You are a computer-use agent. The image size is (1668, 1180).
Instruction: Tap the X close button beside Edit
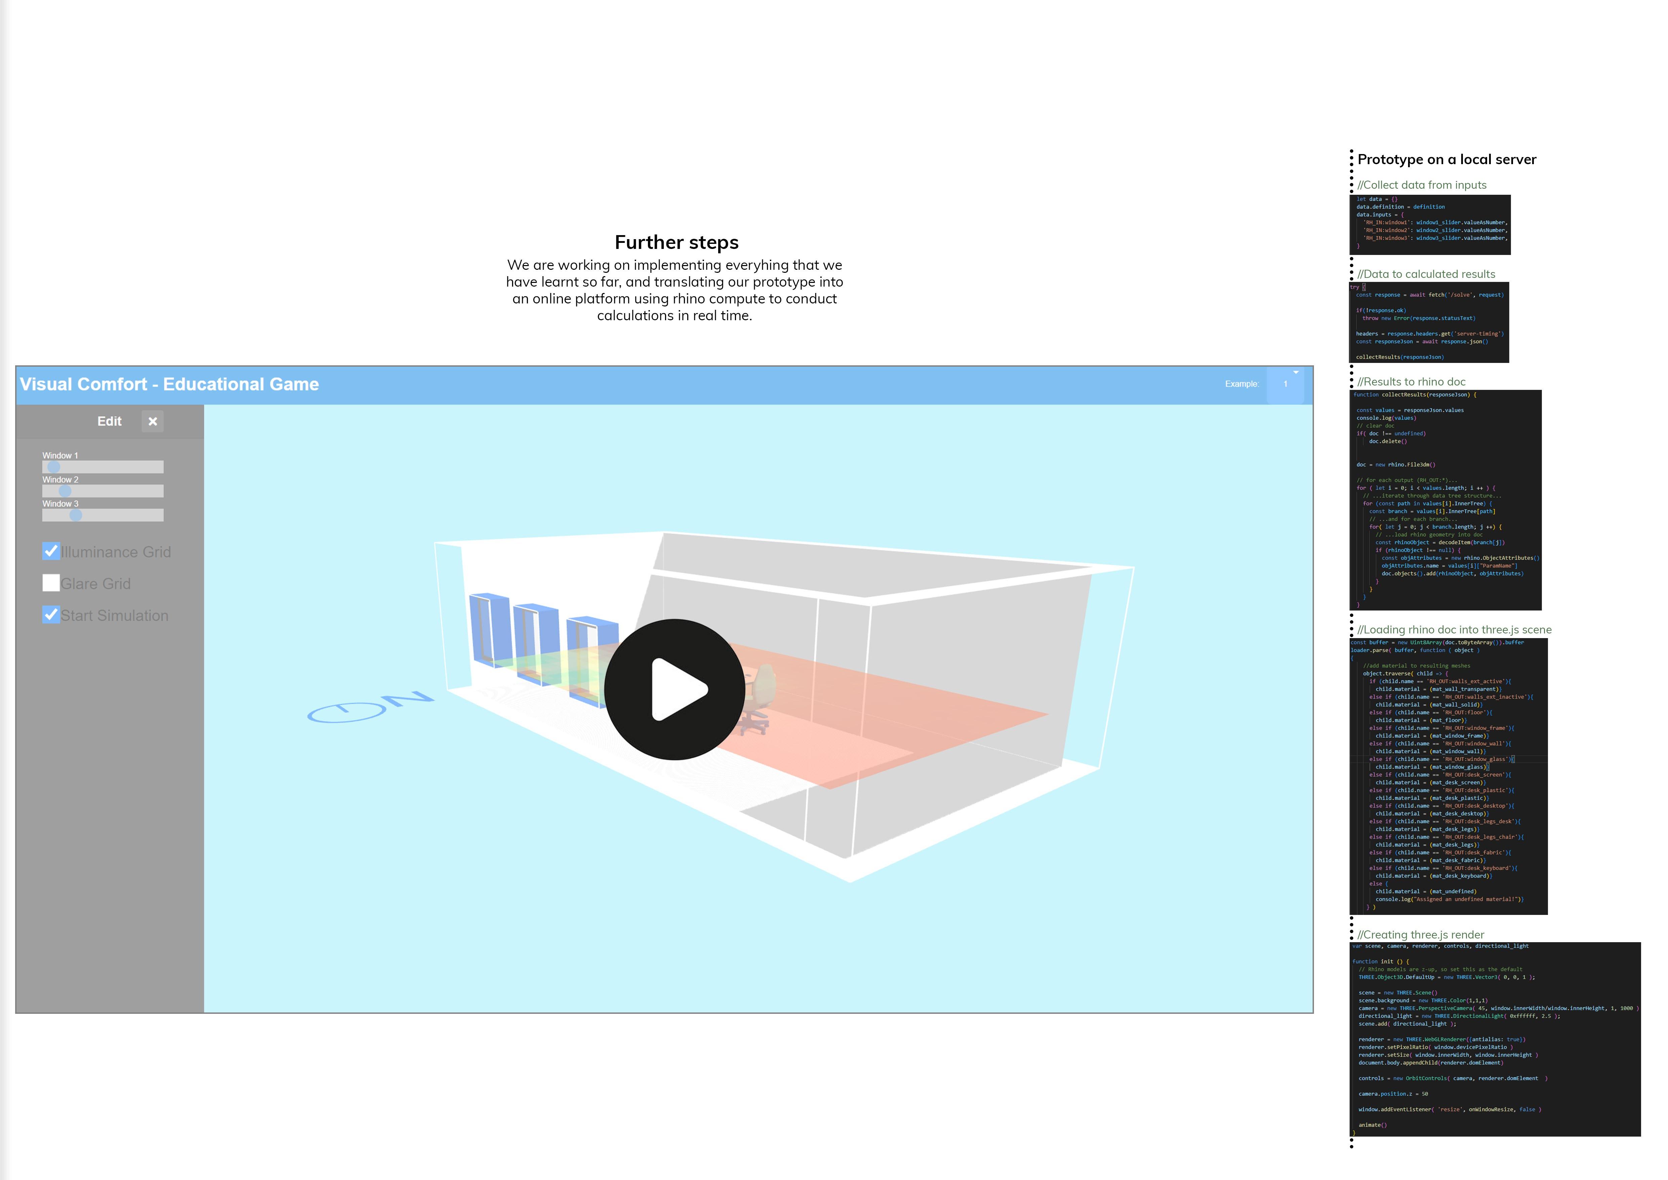[x=153, y=421]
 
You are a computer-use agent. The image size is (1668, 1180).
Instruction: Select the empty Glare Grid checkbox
[x=51, y=583]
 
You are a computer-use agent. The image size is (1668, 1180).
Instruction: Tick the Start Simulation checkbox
[x=51, y=615]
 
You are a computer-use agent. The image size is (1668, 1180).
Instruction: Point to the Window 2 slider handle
[x=65, y=491]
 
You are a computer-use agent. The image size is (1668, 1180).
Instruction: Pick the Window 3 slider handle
[x=76, y=515]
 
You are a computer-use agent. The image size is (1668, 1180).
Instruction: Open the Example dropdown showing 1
[x=1286, y=384]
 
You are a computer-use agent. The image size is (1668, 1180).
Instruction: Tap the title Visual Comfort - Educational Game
[x=169, y=384]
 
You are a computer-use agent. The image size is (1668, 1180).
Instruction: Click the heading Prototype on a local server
[x=1446, y=160]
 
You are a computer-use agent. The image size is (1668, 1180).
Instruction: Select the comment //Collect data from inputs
[x=1422, y=185]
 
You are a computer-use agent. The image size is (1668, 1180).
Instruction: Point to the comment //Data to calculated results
[x=1426, y=274]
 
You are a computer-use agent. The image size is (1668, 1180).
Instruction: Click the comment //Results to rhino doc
[x=1411, y=382]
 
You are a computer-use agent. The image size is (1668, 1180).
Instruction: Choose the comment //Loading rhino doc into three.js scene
[x=1454, y=630]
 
